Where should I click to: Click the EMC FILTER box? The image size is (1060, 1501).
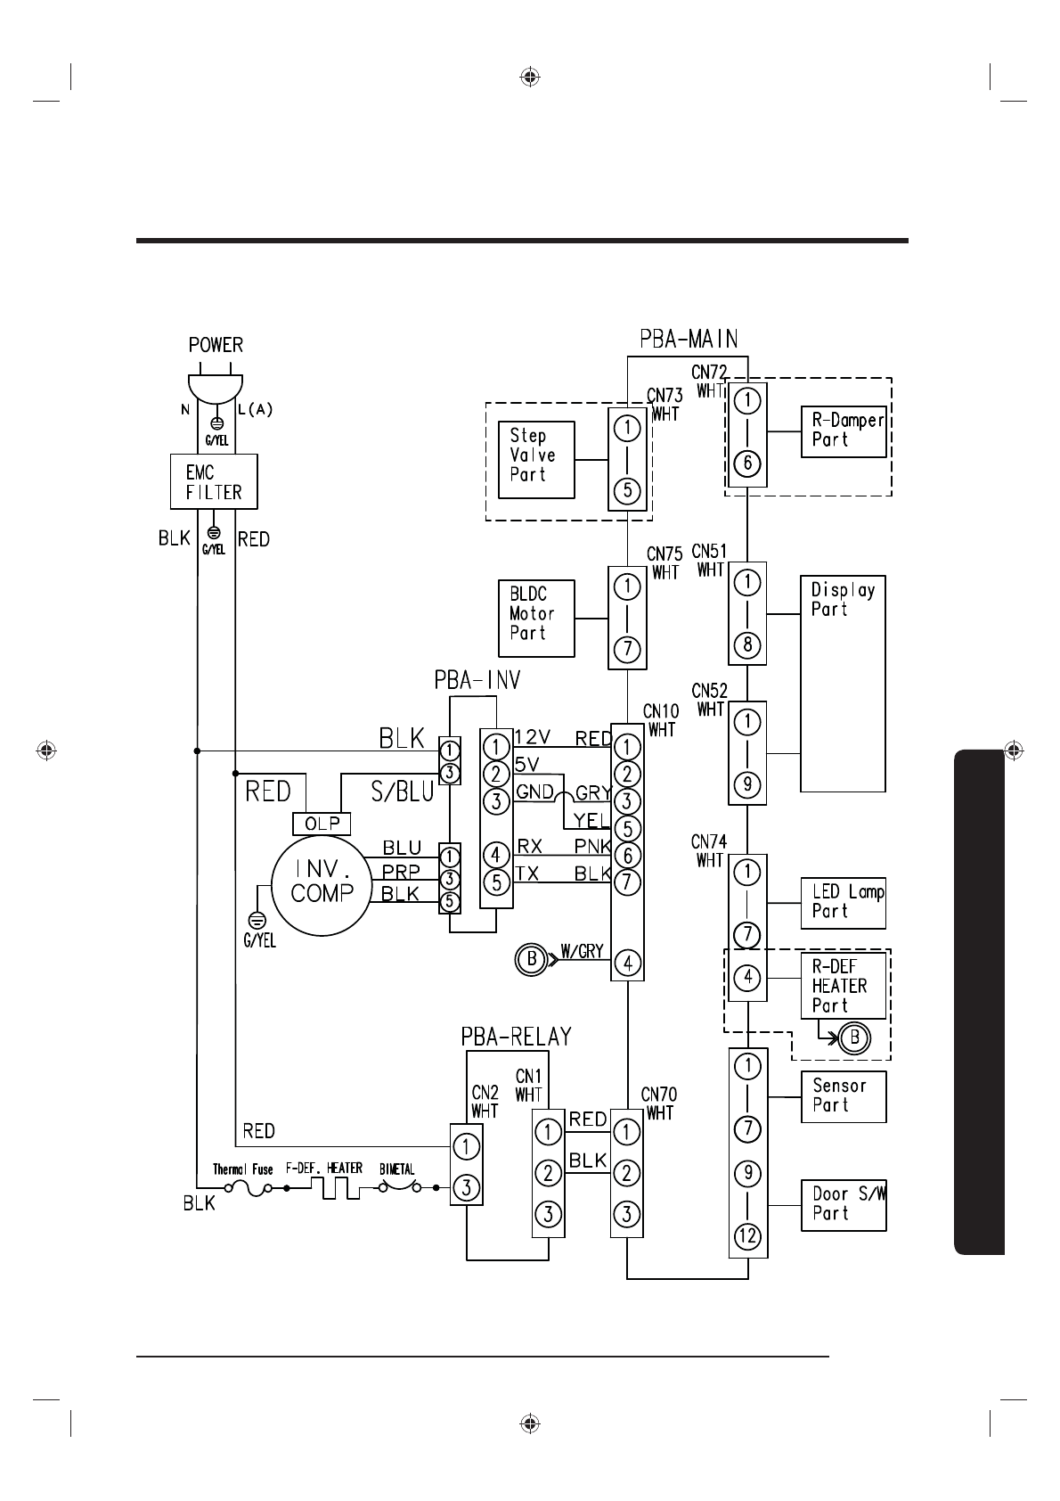click(214, 482)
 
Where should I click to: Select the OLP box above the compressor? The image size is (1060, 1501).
click(322, 824)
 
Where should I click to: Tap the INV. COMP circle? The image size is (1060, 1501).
click(322, 885)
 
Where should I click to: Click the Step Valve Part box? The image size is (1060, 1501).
click(536, 460)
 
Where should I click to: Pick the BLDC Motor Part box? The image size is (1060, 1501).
click(536, 619)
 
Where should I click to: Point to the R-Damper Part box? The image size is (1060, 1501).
click(844, 431)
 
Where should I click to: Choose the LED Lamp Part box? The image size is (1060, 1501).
click(844, 903)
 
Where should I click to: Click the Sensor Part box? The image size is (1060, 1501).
click(844, 1097)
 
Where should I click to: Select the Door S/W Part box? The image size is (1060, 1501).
click(844, 1205)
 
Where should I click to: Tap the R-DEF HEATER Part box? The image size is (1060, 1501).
click(844, 986)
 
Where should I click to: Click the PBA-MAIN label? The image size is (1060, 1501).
click(689, 339)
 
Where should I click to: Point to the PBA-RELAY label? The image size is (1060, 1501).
click(517, 1037)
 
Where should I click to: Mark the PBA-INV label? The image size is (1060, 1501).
click(477, 680)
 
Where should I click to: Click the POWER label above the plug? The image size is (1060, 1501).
click(216, 345)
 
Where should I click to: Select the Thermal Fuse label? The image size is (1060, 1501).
click(243, 1169)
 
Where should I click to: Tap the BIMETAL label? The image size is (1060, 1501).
click(397, 1169)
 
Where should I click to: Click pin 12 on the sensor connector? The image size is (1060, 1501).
click(747, 1235)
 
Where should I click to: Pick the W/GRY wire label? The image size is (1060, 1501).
click(582, 952)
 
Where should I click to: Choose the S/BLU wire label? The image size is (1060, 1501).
click(403, 792)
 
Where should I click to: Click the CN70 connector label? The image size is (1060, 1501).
click(659, 1095)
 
